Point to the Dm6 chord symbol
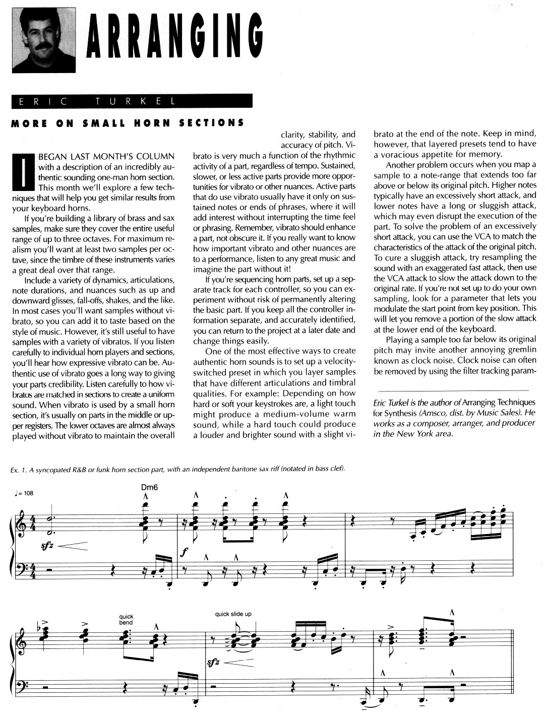click(150, 487)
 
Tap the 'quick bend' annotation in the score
click(126, 619)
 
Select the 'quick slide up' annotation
click(233, 614)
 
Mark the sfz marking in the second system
click(214, 663)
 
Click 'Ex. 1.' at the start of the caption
click(19, 470)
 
